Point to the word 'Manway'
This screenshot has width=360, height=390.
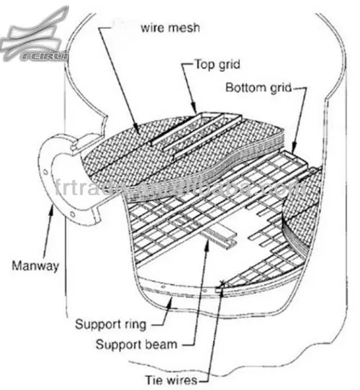tap(34, 265)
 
